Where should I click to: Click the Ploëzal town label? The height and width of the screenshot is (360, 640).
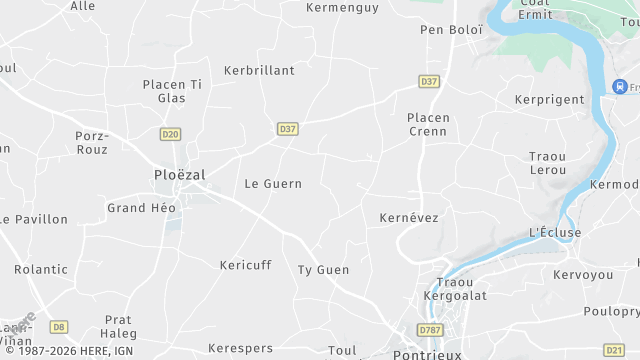(x=180, y=174)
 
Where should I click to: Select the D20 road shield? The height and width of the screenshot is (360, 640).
(x=170, y=133)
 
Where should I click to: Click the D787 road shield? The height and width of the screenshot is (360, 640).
(x=430, y=330)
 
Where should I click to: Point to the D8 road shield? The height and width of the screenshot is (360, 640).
(x=59, y=326)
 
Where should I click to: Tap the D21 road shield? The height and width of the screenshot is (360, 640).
(x=614, y=349)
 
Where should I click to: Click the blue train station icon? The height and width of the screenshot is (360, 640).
(x=620, y=87)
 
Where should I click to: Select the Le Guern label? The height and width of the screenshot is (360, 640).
(x=273, y=184)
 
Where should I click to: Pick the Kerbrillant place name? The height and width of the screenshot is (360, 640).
(x=259, y=71)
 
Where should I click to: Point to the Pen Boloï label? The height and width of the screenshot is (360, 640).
(x=451, y=30)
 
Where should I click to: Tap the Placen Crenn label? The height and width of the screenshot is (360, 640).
(x=428, y=124)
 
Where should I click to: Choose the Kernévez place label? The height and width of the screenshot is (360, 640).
(x=409, y=217)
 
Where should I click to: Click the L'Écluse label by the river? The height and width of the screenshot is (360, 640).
(x=554, y=233)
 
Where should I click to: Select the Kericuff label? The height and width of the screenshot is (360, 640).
(x=245, y=265)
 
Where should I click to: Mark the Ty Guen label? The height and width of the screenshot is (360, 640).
(x=323, y=270)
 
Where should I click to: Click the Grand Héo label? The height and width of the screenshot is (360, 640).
(x=141, y=208)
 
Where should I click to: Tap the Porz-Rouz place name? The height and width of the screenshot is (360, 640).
(x=91, y=142)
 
